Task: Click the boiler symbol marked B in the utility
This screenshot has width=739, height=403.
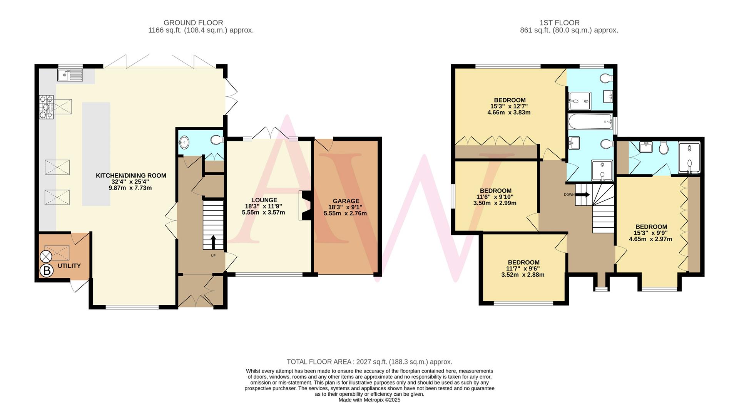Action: click(x=47, y=270)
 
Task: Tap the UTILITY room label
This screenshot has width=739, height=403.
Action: click(x=69, y=266)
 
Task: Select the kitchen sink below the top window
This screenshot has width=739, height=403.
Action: click(x=70, y=75)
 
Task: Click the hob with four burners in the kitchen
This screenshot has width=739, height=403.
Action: click(x=46, y=107)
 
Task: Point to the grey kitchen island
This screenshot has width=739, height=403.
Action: click(x=96, y=154)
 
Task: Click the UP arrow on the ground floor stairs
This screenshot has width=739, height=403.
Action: click(x=213, y=243)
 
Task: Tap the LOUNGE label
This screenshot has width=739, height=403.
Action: click(x=264, y=200)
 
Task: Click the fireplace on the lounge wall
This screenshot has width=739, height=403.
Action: click(x=304, y=205)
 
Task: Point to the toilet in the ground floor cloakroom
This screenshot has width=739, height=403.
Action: click(x=217, y=139)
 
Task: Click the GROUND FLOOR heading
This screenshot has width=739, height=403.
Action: click(x=193, y=23)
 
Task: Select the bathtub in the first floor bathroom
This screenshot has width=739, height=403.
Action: click(x=590, y=123)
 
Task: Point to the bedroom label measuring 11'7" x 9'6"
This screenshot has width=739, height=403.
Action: click(x=523, y=262)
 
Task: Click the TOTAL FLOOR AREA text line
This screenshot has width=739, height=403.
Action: click(x=369, y=362)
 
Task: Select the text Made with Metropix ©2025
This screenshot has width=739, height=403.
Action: click(x=369, y=400)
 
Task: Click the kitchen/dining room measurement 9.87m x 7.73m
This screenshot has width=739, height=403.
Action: click(x=130, y=188)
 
